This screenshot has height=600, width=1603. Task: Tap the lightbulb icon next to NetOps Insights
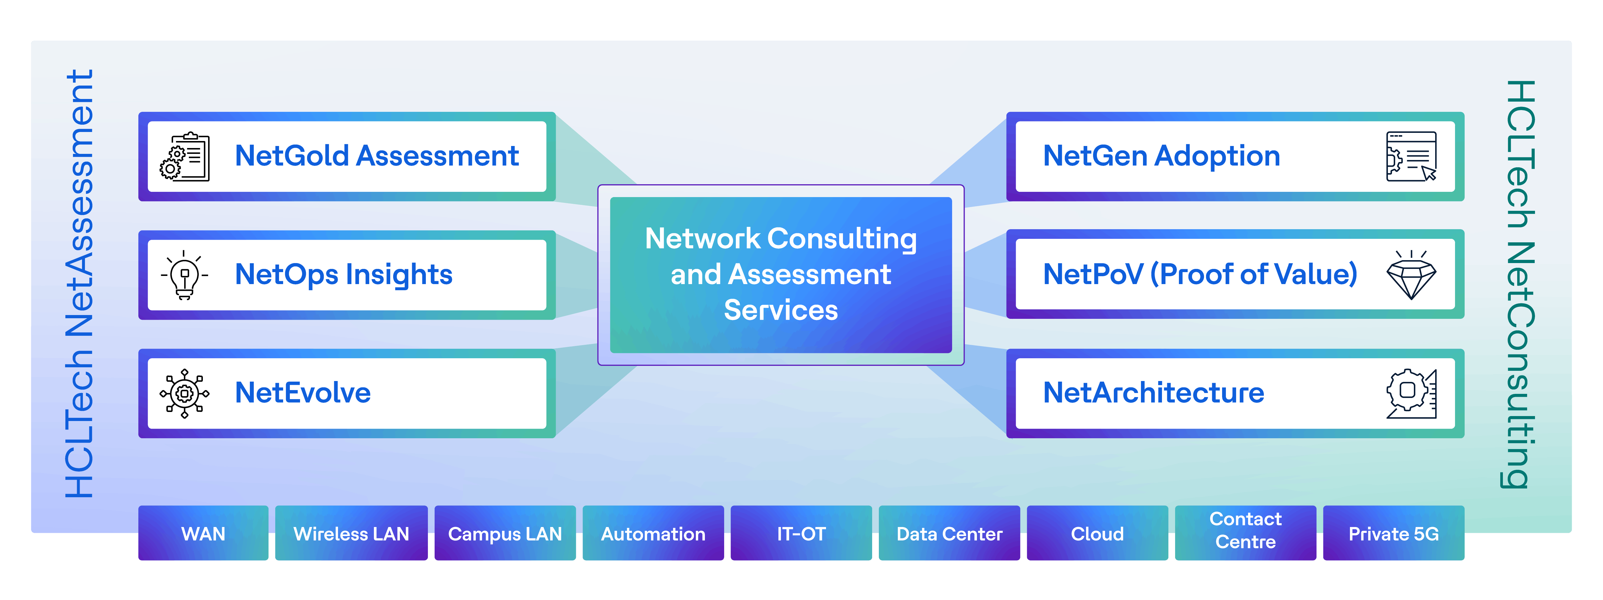(184, 274)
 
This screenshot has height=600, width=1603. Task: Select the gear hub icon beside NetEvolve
(184, 393)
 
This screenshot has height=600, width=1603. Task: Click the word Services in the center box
(781, 310)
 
